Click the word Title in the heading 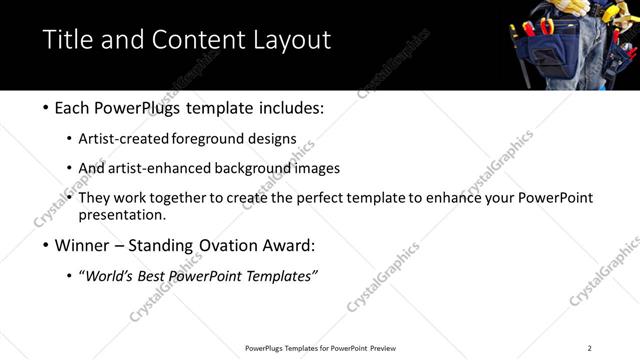tap(67, 40)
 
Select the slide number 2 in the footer tap(589, 348)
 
